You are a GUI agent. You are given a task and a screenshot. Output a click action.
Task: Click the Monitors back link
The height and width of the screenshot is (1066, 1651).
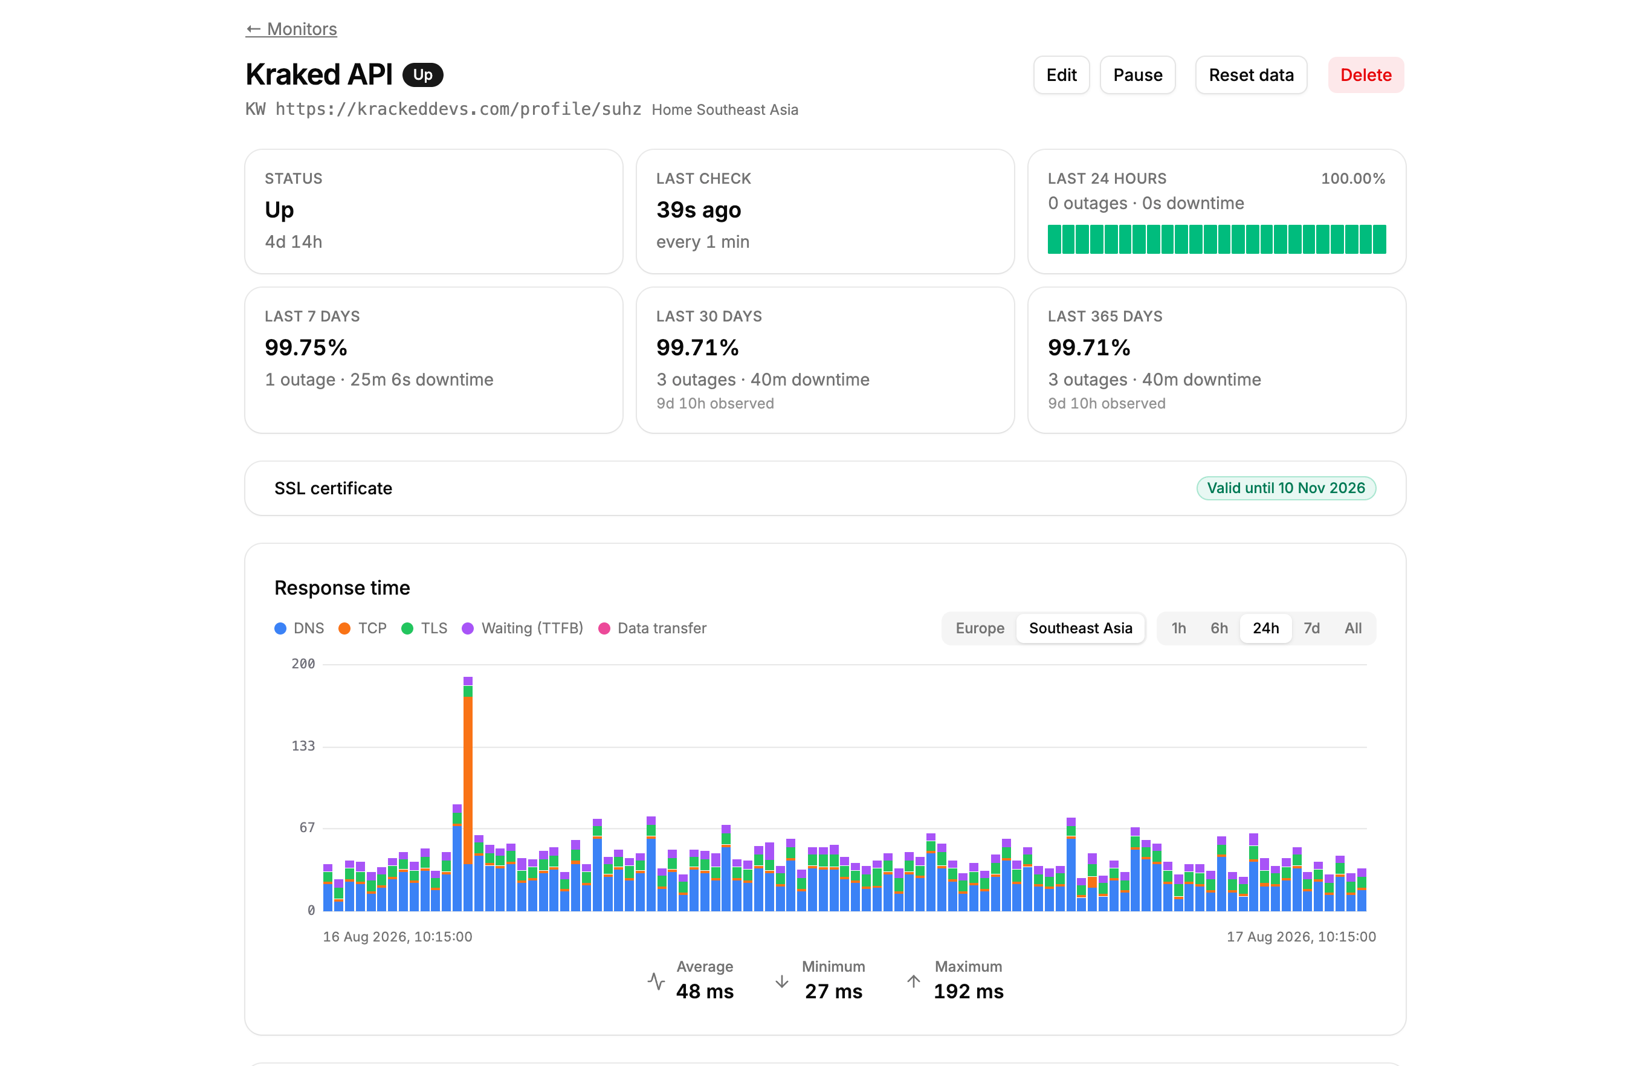coord(291,29)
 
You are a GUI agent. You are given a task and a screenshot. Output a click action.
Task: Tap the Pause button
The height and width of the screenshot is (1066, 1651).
coord(1137,75)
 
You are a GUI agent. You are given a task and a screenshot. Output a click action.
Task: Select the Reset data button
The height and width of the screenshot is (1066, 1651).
coord(1250,75)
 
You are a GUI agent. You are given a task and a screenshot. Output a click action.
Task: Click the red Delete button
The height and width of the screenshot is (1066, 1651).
coord(1365,75)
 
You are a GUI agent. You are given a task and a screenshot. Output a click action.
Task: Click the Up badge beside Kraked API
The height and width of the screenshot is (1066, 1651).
coord(422,75)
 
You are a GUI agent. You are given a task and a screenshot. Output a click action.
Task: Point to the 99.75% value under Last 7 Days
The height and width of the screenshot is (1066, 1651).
coord(306,347)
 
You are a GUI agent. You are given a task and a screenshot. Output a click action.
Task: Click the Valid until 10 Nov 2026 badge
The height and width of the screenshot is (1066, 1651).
coord(1285,488)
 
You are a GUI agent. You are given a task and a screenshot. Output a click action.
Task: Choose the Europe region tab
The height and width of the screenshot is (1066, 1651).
coord(980,628)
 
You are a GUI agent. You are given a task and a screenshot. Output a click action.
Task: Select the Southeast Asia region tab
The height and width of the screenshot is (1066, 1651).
coord(1080,628)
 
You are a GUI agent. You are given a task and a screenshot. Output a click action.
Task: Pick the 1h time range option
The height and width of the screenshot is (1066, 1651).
coord(1178,628)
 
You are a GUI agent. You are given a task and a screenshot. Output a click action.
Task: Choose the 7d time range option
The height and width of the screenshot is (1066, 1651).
coord(1311,628)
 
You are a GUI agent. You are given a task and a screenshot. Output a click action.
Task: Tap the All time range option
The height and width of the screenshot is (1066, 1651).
coord(1352,628)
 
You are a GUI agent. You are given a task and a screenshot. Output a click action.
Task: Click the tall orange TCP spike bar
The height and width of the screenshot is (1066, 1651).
coord(468,780)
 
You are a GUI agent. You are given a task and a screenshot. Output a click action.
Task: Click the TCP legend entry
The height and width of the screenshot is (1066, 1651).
coord(362,628)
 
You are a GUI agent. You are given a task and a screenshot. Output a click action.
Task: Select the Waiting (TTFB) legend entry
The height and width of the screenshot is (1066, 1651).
coord(523,628)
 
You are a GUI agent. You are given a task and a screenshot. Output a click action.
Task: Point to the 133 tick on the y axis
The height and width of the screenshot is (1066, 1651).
coord(303,746)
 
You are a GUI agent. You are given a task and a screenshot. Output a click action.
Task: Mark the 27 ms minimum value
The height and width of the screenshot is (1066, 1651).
coord(833,991)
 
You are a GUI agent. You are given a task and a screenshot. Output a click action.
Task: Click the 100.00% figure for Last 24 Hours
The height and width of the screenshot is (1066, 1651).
coord(1352,179)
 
